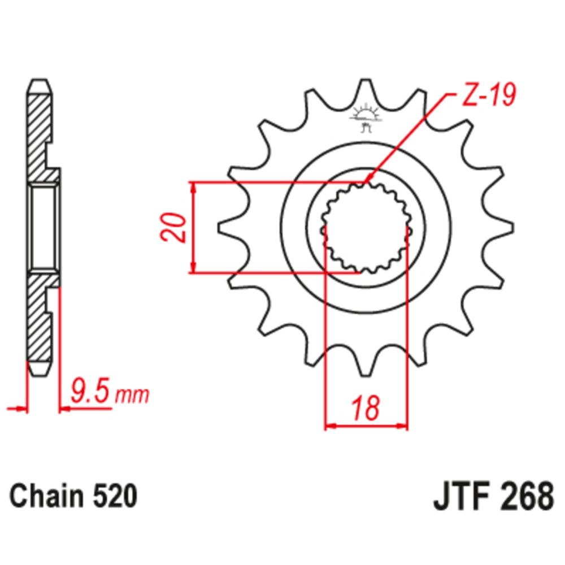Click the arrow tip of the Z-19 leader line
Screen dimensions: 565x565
pyautogui.click(x=368, y=181)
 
